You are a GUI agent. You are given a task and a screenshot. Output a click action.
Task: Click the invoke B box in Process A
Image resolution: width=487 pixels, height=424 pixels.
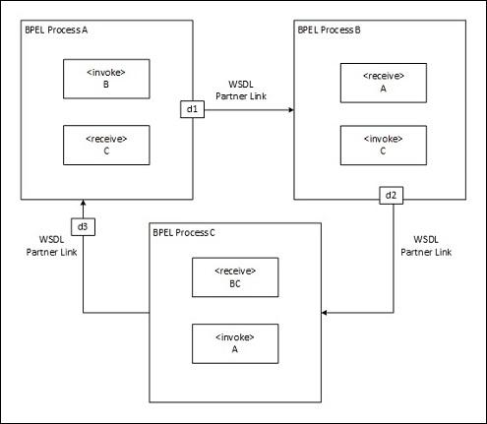(105, 78)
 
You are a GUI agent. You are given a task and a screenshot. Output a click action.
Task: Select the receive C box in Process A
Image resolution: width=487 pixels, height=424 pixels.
(105, 145)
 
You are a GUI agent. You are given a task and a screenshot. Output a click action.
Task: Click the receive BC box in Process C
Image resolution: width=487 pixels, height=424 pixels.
(234, 278)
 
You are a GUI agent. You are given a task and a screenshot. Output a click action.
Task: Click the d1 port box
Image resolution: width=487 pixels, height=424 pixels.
(192, 109)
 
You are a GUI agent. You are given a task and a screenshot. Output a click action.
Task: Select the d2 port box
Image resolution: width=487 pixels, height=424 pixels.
(391, 195)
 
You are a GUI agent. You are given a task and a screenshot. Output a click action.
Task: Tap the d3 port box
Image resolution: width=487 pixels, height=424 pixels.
(83, 227)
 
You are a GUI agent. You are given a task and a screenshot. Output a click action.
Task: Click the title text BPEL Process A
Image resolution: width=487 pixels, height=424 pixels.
(56, 30)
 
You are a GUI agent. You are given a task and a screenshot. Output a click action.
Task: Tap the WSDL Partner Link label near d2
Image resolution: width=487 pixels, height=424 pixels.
(427, 245)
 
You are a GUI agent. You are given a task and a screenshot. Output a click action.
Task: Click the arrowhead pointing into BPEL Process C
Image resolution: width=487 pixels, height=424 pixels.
(325, 313)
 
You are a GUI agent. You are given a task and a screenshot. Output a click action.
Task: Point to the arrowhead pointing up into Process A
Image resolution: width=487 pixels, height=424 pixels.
(83, 206)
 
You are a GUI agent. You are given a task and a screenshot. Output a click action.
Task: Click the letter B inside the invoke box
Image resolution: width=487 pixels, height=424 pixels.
(105, 85)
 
